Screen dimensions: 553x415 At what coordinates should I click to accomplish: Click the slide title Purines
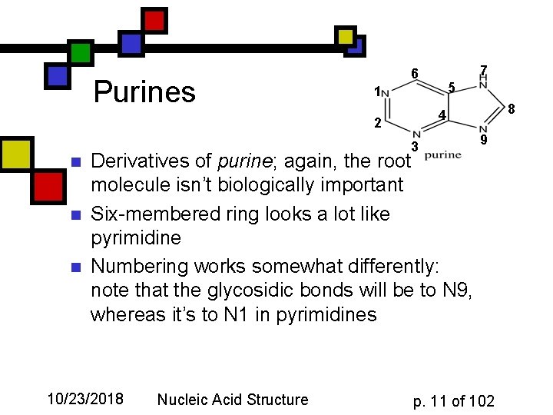click(144, 92)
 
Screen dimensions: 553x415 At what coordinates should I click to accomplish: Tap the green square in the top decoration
click(81, 53)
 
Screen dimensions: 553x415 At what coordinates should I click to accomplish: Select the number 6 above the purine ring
click(414, 74)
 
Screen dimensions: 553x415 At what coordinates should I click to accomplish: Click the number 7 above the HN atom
click(483, 71)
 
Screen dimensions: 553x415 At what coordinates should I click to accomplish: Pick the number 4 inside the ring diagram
click(442, 116)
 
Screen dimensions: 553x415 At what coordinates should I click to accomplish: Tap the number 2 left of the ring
click(376, 123)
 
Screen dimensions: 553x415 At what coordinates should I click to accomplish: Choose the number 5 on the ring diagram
click(452, 88)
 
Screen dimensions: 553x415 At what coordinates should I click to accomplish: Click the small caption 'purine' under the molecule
click(443, 154)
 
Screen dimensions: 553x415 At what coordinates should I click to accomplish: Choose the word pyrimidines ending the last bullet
click(328, 314)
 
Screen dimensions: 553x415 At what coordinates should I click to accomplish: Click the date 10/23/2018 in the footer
click(85, 399)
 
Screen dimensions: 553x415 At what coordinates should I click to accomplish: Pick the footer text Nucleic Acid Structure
click(232, 399)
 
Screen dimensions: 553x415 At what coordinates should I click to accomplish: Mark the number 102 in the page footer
click(482, 400)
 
